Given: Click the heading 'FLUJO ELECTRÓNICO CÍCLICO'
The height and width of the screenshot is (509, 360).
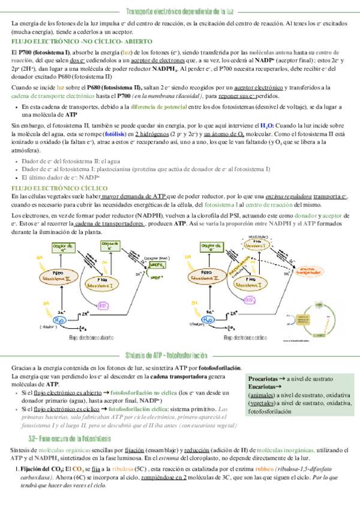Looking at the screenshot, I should (48, 188).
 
